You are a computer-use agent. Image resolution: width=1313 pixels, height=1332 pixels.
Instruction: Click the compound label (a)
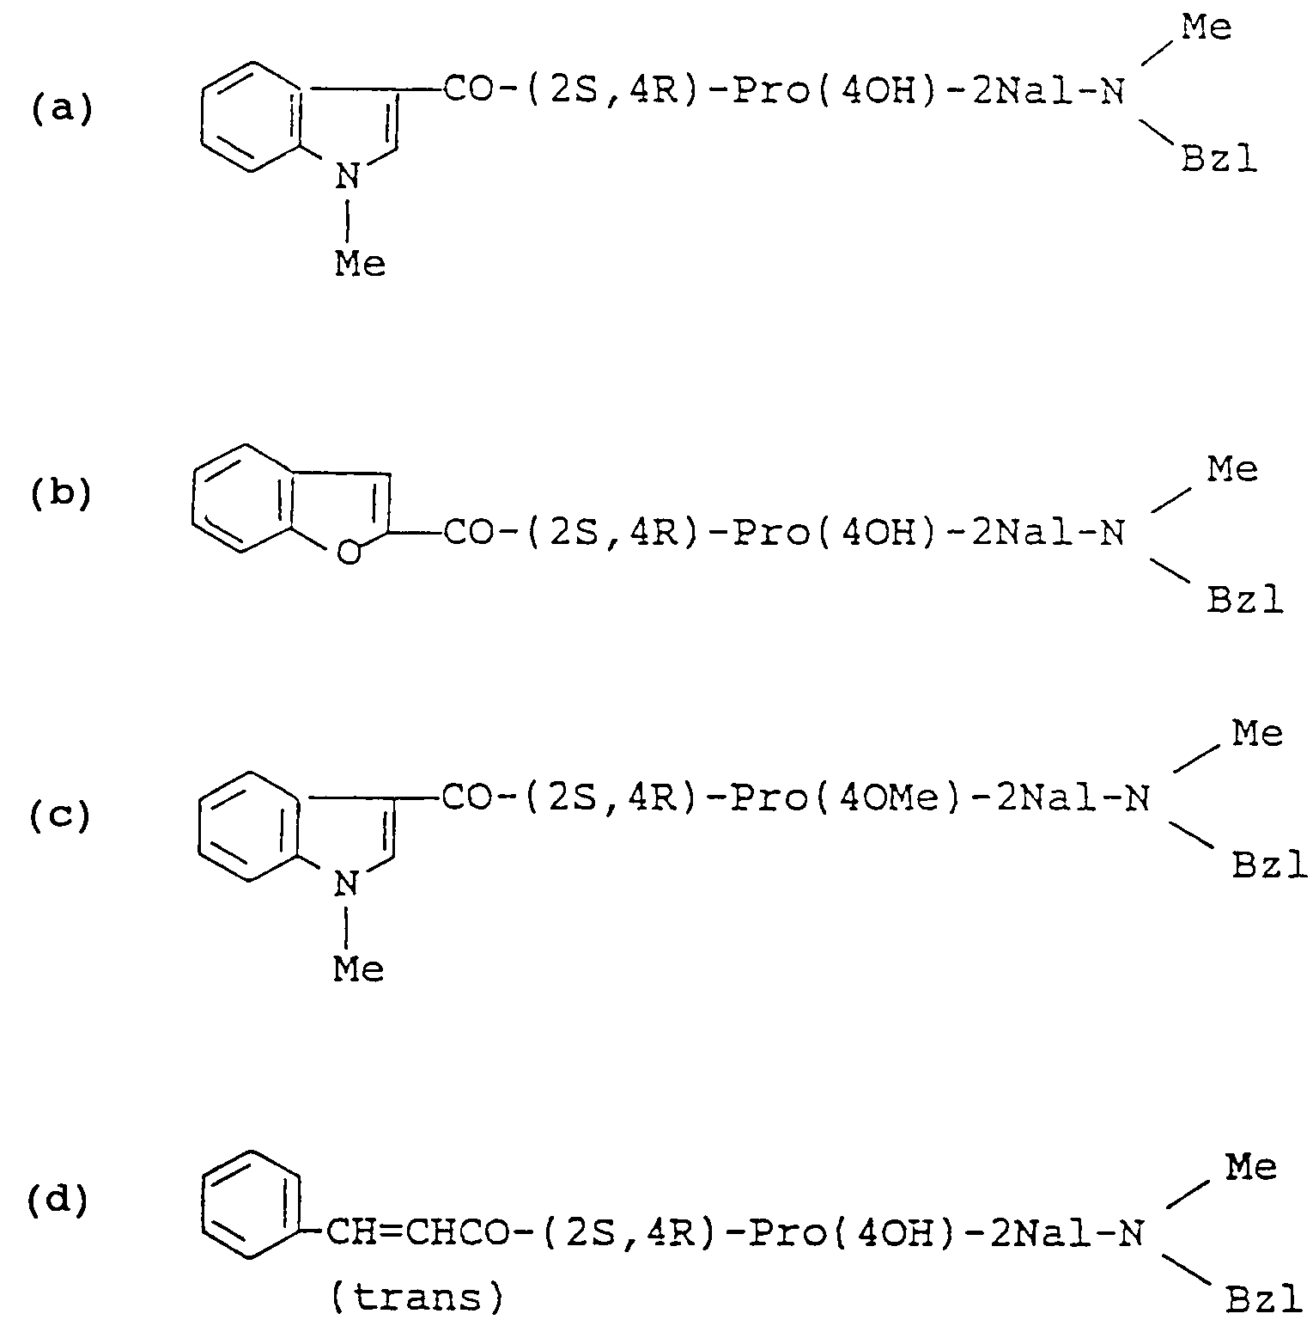62,110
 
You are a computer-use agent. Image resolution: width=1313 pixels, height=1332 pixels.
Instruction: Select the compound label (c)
60,816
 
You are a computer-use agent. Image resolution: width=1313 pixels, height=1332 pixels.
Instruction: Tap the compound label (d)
58,1201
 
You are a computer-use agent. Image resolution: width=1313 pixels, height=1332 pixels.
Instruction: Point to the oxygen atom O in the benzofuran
348,554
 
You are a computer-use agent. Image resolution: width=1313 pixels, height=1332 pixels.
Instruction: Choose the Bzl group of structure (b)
1245,599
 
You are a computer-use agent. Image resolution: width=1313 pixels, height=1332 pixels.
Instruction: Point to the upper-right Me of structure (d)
1252,1168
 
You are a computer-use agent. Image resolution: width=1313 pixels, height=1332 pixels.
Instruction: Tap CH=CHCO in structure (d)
417,1235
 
